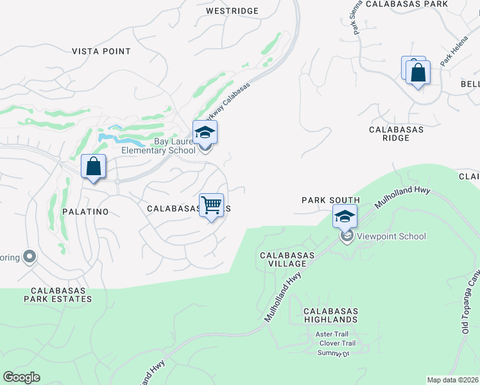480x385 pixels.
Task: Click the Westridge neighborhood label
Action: click(x=232, y=11)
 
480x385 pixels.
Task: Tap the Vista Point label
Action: click(x=101, y=51)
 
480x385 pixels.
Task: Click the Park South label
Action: click(x=330, y=200)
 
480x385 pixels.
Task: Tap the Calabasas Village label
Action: click(x=287, y=259)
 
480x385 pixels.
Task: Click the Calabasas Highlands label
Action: click(x=331, y=315)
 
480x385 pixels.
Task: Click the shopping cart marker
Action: click(x=211, y=205)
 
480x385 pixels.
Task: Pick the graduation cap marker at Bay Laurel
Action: click(x=205, y=132)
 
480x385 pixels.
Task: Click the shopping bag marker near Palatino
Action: click(x=94, y=167)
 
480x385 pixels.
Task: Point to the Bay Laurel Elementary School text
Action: click(x=159, y=146)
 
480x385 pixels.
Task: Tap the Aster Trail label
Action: click(x=332, y=334)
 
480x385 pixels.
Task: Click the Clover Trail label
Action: click(x=338, y=344)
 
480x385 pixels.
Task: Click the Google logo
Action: click(x=21, y=377)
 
